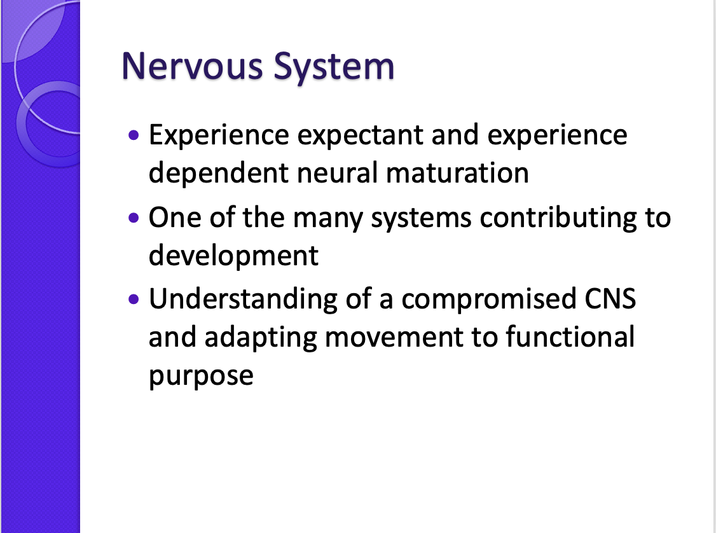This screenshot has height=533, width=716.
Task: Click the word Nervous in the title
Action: (x=193, y=66)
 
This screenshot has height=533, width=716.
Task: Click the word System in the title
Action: (x=334, y=67)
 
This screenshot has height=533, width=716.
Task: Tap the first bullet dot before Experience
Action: (x=134, y=135)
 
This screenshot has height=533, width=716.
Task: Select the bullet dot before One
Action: (x=134, y=218)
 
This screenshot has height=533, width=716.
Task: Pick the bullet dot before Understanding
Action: (x=134, y=299)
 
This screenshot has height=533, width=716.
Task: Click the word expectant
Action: (x=361, y=136)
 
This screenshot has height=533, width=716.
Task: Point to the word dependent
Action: (x=219, y=172)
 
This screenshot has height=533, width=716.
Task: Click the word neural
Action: (x=337, y=172)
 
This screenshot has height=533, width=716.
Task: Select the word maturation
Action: (x=457, y=174)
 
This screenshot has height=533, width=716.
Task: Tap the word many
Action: (x=328, y=218)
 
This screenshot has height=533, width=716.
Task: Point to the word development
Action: (x=233, y=256)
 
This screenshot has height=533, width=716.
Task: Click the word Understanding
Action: (x=244, y=300)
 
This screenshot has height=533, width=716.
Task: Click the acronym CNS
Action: (x=610, y=299)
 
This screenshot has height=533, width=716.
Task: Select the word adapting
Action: (x=261, y=338)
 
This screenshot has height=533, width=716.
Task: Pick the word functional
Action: (x=570, y=336)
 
